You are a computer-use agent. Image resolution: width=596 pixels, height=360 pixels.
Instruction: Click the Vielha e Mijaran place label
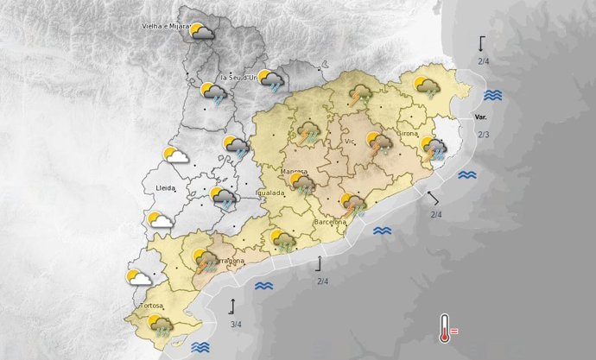click(x=165, y=27)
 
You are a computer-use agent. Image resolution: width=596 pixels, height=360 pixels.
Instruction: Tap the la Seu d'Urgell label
click(x=240, y=78)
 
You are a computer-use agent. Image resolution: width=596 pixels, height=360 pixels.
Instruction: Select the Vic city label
click(x=351, y=141)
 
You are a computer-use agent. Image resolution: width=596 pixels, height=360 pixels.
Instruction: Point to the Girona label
click(x=408, y=134)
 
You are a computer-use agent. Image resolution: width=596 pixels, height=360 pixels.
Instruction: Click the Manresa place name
click(x=295, y=172)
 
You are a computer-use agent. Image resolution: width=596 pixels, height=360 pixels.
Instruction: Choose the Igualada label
click(x=269, y=193)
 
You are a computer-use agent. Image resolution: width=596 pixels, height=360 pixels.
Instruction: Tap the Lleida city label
click(x=165, y=187)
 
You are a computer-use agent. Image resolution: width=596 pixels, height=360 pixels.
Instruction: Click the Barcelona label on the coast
click(x=331, y=221)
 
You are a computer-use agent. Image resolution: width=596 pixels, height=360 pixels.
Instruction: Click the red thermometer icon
click(x=445, y=328)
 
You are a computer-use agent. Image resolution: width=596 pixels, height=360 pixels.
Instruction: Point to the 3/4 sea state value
click(x=236, y=324)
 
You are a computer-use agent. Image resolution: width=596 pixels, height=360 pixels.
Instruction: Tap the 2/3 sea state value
click(x=484, y=135)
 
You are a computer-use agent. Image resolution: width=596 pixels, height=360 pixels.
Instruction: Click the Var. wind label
click(x=482, y=117)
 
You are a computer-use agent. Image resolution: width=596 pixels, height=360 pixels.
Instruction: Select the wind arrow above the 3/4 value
click(x=232, y=306)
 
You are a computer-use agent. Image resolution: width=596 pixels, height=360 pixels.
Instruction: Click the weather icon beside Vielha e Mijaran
click(x=203, y=33)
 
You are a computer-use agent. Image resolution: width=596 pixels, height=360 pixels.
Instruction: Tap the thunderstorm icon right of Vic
click(x=379, y=143)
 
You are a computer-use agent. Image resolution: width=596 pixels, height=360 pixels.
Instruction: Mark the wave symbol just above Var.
click(x=493, y=95)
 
